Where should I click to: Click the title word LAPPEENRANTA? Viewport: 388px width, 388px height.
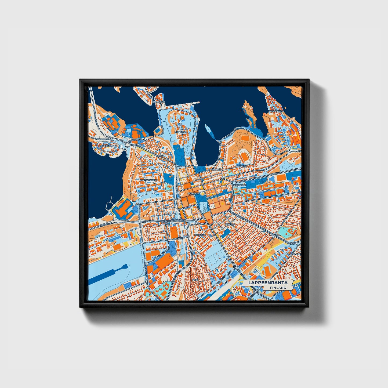tap(268, 282)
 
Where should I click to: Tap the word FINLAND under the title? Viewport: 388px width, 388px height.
tap(278, 288)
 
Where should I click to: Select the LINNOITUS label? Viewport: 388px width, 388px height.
tap(180, 132)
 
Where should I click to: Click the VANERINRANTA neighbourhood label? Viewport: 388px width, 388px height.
tap(108, 146)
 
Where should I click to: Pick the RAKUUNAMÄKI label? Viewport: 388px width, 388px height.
tap(148, 180)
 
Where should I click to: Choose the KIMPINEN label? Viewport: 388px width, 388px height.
tap(241, 166)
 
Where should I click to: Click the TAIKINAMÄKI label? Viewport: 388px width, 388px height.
tap(239, 185)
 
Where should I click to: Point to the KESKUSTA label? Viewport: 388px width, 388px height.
tap(193, 193)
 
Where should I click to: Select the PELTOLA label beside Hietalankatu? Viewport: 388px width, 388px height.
tap(230, 224)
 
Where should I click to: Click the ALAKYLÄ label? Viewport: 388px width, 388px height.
tap(275, 235)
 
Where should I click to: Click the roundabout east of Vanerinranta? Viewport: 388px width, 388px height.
tap(127, 145)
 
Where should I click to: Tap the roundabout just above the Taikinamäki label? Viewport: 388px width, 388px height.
tap(234, 183)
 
